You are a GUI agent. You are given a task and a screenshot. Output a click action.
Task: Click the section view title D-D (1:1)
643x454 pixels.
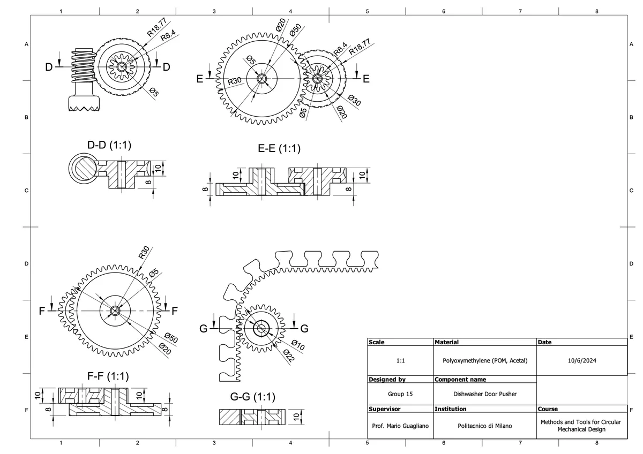[109, 145]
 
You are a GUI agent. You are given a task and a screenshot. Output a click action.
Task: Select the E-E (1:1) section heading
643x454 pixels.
[279, 148]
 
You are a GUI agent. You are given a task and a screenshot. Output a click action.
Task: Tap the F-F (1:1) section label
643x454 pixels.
[108, 375]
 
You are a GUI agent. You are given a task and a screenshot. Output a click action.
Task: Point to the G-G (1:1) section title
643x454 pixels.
[252, 397]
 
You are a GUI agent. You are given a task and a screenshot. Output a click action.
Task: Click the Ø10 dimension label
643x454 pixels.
[297, 345]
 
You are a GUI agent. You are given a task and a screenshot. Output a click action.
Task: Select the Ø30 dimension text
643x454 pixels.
[354, 100]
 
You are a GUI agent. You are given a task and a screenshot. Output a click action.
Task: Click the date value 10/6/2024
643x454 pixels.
[581, 361]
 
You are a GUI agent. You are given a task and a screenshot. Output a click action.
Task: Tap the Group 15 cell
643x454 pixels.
[400, 395]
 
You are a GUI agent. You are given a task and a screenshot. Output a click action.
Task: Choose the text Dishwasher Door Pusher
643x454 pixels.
[485, 395]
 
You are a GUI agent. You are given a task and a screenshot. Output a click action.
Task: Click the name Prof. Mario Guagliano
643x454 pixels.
[400, 426]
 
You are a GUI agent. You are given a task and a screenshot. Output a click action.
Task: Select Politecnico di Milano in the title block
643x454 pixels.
[485, 426]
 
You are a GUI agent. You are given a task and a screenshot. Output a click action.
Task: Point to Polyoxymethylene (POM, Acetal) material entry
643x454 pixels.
[485, 361]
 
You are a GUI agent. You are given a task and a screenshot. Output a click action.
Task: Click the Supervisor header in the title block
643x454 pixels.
[385, 409]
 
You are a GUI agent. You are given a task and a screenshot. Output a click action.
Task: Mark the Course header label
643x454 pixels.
[548, 409]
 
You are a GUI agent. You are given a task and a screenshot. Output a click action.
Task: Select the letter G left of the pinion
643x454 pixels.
[203, 329]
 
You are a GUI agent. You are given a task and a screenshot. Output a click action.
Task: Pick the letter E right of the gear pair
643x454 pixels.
[367, 79]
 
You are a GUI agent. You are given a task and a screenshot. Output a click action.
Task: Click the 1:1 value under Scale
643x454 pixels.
[400, 361]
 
